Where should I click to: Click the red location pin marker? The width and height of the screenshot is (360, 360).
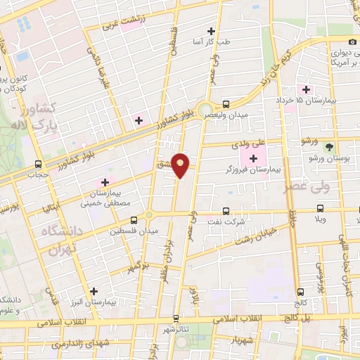click(x=181, y=165)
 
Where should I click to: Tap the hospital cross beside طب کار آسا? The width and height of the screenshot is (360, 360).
click(x=211, y=31)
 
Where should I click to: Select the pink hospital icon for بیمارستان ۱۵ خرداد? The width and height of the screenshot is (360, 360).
click(x=306, y=89)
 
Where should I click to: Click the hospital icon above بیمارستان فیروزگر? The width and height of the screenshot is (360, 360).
click(x=253, y=157)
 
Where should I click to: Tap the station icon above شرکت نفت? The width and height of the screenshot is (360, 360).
click(x=226, y=210)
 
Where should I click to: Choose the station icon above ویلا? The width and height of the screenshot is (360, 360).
click(x=321, y=209)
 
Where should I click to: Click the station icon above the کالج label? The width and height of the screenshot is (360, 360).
click(x=300, y=292)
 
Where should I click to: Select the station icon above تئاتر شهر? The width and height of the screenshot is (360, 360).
click(x=176, y=318)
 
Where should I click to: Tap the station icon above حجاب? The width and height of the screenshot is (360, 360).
click(x=39, y=166)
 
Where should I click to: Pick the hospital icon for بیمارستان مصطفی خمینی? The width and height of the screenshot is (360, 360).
click(x=105, y=181)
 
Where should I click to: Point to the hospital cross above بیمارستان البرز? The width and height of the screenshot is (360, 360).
click(x=94, y=290)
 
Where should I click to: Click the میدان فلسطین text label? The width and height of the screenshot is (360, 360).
click(x=134, y=230)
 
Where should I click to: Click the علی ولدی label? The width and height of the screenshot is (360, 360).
click(x=242, y=144)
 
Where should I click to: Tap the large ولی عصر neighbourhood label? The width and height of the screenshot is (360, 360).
click(x=307, y=187)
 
